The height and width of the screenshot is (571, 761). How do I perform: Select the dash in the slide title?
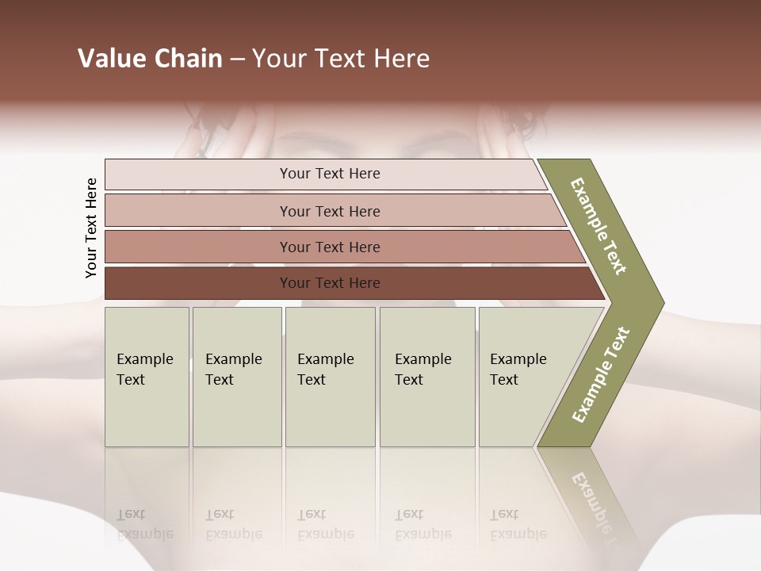(x=237, y=59)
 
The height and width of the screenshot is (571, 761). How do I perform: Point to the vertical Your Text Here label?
(x=91, y=228)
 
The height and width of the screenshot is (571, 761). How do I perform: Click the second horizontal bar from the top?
(x=329, y=211)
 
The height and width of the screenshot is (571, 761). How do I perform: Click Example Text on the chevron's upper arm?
(x=598, y=226)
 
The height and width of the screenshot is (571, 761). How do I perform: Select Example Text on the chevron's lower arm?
(x=601, y=375)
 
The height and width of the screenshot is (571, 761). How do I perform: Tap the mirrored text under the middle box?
(x=326, y=524)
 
